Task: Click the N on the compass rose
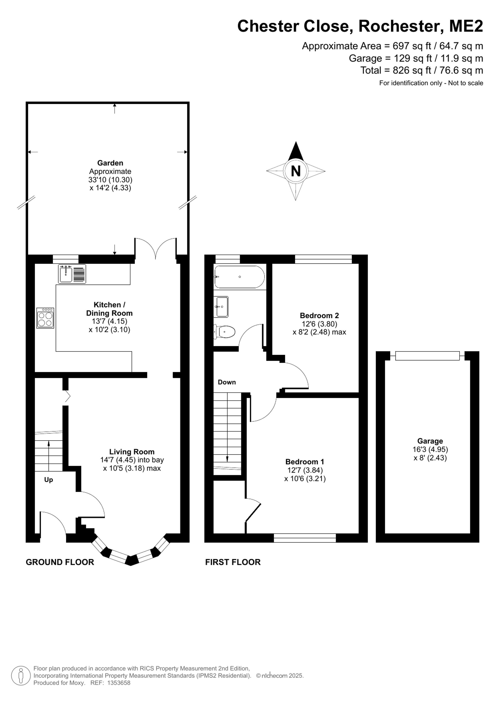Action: click(296, 171)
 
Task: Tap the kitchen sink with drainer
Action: click(72, 274)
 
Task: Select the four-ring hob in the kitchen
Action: click(45, 318)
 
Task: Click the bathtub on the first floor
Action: click(240, 277)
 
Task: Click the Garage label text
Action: click(430, 441)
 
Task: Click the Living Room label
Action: click(132, 452)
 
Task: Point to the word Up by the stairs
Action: click(49, 480)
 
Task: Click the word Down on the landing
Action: click(227, 382)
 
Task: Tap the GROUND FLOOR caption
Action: click(60, 562)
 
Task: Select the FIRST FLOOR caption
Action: click(233, 562)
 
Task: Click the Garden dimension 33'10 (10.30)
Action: click(110, 179)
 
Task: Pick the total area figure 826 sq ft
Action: click(412, 70)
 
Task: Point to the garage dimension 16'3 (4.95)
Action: click(430, 449)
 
